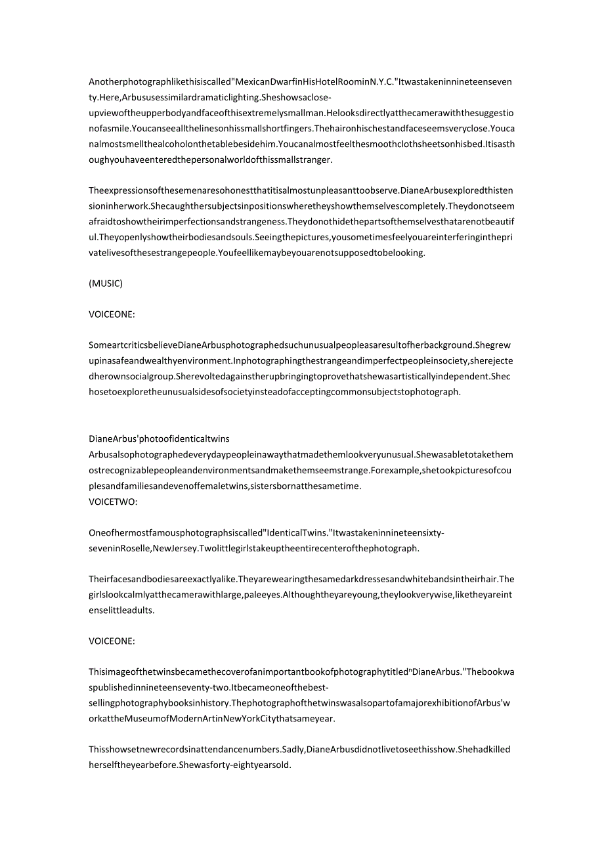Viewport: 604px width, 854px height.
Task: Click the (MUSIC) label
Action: point(106,284)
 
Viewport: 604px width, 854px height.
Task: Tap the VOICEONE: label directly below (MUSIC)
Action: point(112,314)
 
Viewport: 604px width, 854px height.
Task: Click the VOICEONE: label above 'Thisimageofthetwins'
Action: point(112,641)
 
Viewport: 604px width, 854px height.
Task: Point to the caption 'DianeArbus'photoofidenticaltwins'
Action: point(159,438)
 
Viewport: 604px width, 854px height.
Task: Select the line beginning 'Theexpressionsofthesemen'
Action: point(301,190)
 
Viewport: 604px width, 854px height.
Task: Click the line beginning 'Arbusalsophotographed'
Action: point(301,454)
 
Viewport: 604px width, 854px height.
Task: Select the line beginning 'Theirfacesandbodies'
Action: point(301,579)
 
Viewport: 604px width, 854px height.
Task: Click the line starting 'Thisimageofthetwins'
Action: point(301,672)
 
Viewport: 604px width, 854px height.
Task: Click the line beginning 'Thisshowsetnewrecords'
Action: point(299,750)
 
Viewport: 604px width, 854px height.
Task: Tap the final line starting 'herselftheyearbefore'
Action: point(190,765)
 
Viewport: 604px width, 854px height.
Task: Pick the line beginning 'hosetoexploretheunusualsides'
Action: point(274,392)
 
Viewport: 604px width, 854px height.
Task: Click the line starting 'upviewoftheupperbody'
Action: point(301,113)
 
